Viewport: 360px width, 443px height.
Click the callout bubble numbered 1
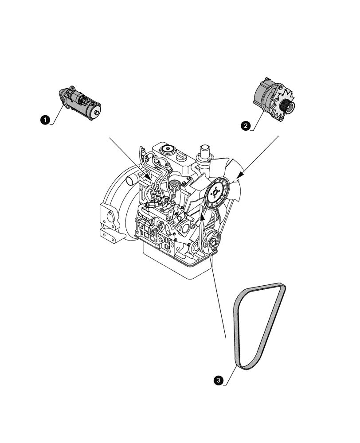click(44, 118)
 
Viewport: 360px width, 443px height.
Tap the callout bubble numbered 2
click(245, 125)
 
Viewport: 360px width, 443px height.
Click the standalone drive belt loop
click(259, 328)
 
